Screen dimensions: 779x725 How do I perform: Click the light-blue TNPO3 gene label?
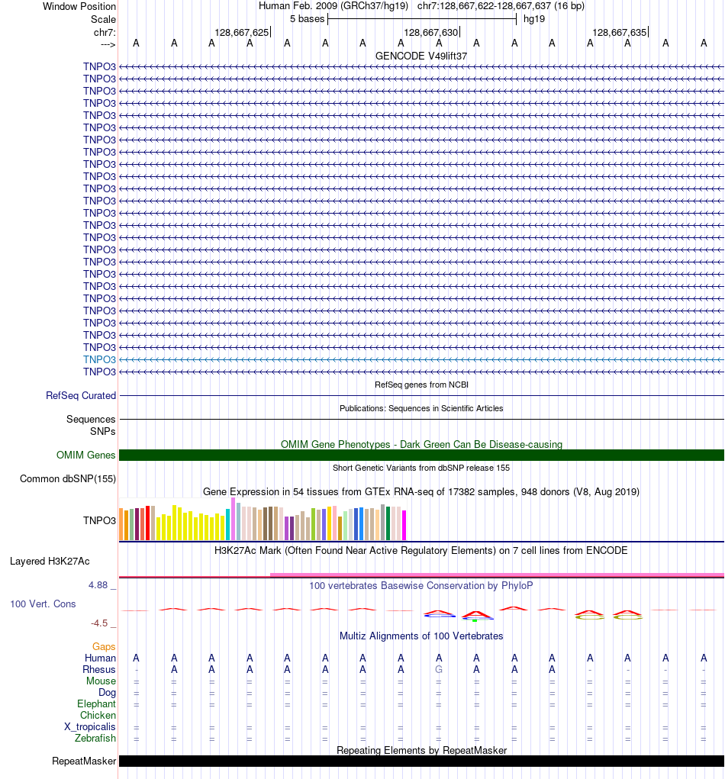click(x=100, y=359)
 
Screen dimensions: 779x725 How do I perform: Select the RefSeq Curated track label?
click(x=81, y=395)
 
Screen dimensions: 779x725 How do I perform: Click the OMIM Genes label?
click(x=86, y=455)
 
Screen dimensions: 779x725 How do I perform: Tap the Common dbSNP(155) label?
click(x=68, y=479)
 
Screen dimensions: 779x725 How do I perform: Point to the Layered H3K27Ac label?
click(x=50, y=561)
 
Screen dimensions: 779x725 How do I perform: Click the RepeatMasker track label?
click(x=84, y=761)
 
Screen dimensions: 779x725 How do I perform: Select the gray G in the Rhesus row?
click(x=439, y=669)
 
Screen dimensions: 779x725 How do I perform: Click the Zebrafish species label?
click(x=95, y=738)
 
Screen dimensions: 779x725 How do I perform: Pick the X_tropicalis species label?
click(x=90, y=726)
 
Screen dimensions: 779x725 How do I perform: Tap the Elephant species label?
click(x=96, y=703)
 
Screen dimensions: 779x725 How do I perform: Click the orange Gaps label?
click(x=104, y=646)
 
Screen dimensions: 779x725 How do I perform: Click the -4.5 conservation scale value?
click(x=101, y=623)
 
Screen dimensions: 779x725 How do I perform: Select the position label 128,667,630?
click(x=431, y=32)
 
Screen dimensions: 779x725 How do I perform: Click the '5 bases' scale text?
click(x=307, y=18)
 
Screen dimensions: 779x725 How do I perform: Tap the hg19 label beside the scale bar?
click(x=534, y=18)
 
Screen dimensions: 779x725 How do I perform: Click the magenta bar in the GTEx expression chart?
click(x=404, y=525)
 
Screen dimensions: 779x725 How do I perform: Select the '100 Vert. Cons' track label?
click(x=43, y=604)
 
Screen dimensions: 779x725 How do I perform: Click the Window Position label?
click(x=79, y=6)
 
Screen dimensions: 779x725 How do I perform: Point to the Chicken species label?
click(x=98, y=715)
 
